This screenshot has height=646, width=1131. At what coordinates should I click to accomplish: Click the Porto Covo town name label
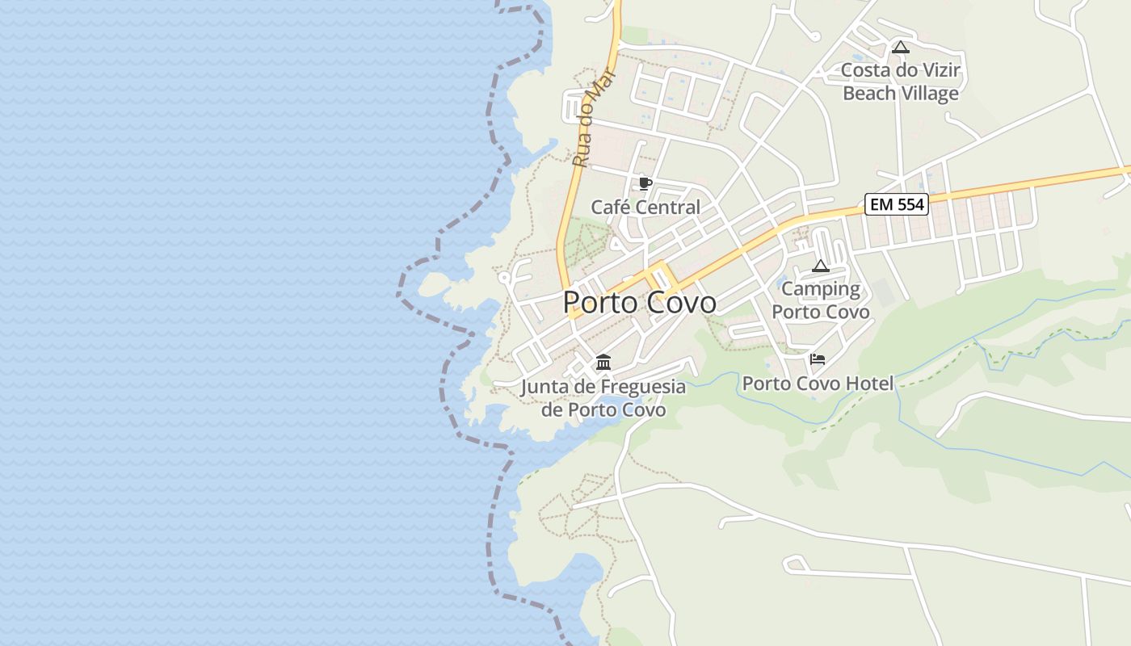(639, 303)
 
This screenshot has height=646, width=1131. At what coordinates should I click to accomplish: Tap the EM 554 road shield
(897, 204)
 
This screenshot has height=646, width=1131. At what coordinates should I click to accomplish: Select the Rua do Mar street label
(593, 118)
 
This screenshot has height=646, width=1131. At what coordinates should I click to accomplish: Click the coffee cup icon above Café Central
(645, 183)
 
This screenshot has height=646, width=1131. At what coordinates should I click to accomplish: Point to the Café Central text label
(645, 208)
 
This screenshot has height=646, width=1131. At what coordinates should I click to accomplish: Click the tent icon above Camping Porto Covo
(821, 266)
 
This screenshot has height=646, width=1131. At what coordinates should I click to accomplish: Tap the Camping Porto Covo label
(821, 300)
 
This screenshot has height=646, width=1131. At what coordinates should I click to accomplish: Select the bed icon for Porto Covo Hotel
(818, 359)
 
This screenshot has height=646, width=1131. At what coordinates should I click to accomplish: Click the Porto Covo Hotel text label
(818, 384)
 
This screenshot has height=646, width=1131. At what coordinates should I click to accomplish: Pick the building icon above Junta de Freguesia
(603, 362)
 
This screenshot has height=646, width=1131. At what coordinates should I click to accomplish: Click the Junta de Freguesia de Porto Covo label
(603, 398)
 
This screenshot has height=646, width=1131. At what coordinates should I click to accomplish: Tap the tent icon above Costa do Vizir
(901, 47)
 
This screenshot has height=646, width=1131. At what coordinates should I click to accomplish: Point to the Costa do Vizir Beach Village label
(901, 82)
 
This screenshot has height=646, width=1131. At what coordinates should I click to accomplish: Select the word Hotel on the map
(870, 384)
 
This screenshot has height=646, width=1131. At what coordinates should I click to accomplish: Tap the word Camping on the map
(821, 289)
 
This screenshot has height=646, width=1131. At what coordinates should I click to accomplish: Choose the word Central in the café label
(669, 208)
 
